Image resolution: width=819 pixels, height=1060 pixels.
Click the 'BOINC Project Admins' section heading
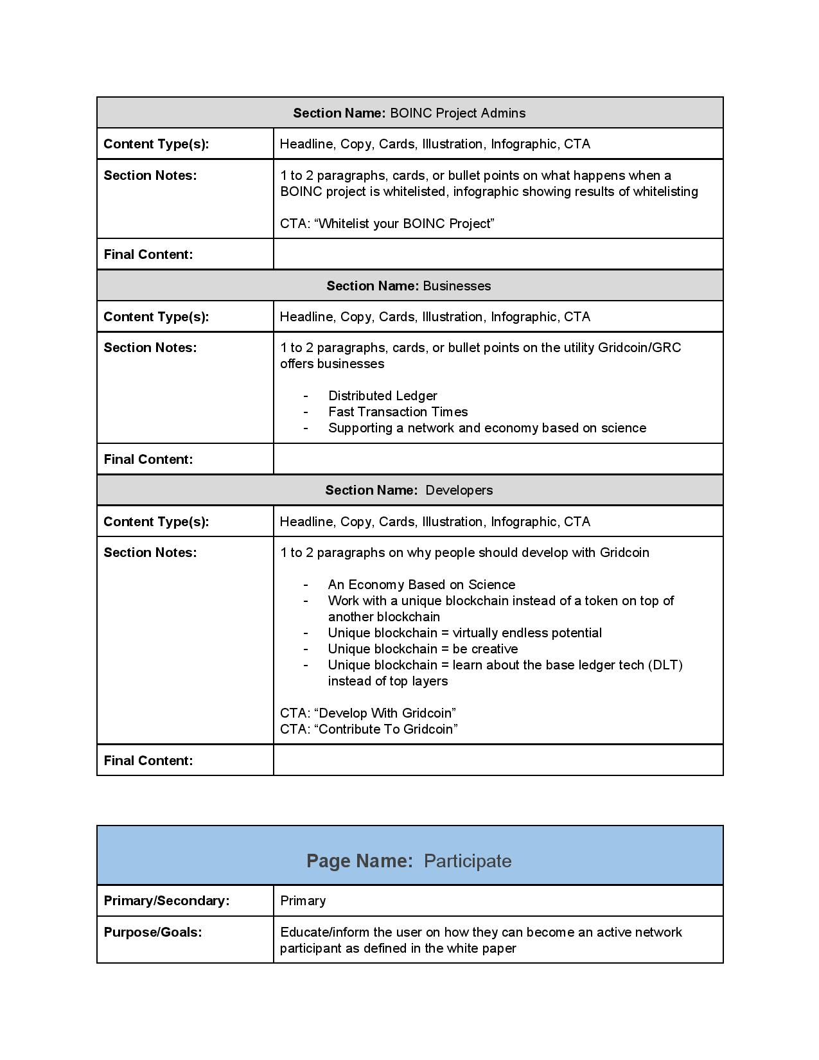(409, 113)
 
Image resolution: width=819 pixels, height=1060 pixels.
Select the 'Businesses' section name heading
(409, 286)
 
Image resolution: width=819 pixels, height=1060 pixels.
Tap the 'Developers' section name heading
(409, 490)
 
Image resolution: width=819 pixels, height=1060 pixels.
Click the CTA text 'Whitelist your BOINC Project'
(387, 224)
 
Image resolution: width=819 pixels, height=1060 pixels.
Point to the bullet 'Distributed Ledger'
(382, 396)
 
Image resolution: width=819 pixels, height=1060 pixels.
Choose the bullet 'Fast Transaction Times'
(398, 412)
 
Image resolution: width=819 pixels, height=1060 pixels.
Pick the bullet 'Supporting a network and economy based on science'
(487, 428)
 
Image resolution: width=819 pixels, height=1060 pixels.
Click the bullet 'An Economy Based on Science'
(421, 585)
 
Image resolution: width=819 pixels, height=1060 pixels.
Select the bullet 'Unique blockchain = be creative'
(423, 649)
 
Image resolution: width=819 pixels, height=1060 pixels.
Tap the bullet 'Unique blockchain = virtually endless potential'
(464, 633)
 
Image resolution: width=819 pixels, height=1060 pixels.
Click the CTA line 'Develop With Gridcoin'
(368, 713)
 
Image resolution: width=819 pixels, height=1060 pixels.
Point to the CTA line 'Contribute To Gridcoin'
(369, 729)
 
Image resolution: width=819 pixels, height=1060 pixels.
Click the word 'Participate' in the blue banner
(468, 861)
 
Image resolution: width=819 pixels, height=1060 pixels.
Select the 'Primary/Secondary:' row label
(166, 901)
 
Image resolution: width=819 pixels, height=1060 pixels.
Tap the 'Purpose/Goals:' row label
(153, 932)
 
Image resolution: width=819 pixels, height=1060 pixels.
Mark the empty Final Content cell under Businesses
(498, 459)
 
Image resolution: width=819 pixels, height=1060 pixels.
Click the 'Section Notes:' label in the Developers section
(150, 552)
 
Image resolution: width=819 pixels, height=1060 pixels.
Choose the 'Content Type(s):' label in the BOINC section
(156, 144)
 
